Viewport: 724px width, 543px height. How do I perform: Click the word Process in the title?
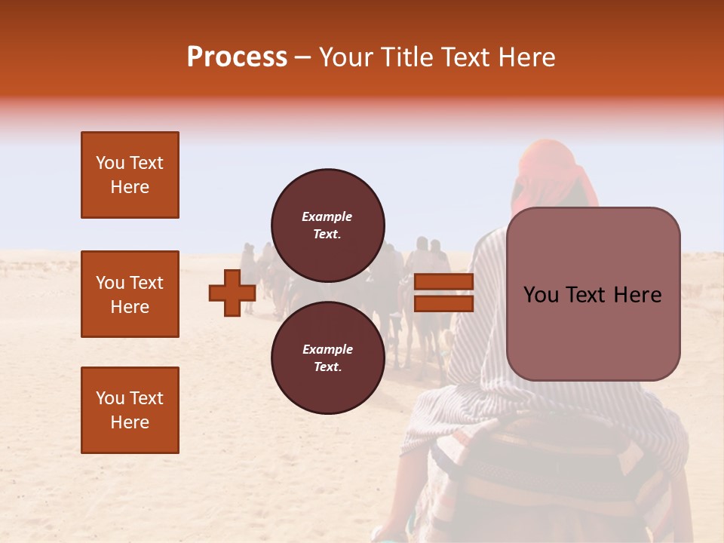[237, 57]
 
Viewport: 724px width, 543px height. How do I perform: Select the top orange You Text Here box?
[130, 175]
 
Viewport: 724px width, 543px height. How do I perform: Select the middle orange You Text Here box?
[130, 294]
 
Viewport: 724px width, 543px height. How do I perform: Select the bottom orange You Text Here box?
[130, 410]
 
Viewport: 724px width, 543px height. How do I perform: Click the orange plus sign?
[232, 293]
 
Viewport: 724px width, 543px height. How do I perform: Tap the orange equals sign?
[444, 293]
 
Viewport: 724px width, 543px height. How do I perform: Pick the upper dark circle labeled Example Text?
[327, 225]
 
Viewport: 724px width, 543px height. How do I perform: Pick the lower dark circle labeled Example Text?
[327, 357]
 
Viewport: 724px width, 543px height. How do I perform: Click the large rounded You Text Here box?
[593, 294]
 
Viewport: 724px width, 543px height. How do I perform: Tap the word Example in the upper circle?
[327, 216]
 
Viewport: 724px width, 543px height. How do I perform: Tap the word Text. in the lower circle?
[327, 367]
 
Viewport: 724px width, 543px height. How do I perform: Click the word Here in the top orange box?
[130, 187]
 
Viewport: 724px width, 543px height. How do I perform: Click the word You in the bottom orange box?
[110, 398]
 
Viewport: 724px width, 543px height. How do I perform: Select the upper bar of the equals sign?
[444, 282]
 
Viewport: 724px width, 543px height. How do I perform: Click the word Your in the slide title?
[348, 57]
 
